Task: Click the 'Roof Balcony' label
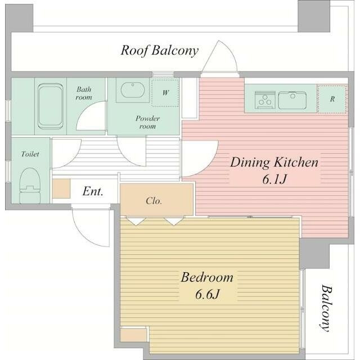pos(159,50)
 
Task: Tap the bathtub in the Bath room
pos(51,106)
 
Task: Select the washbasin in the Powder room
pos(133,90)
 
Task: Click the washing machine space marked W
pos(165,93)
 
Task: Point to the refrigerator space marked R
pos(332,99)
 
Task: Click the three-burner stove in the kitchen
pos(265,100)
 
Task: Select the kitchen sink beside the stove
pos(292,100)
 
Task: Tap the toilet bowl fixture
pos(30,186)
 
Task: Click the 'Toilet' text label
pos(30,154)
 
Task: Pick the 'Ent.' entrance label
pos(93,191)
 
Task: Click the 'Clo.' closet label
pos(154,201)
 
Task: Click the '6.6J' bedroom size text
pos(208,294)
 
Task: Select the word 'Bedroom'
pos(207,277)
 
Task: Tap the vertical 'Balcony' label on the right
pos(326,308)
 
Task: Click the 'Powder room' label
pos(147,123)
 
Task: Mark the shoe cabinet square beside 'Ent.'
pos(61,188)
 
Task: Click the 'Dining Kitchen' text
pos(274,163)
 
